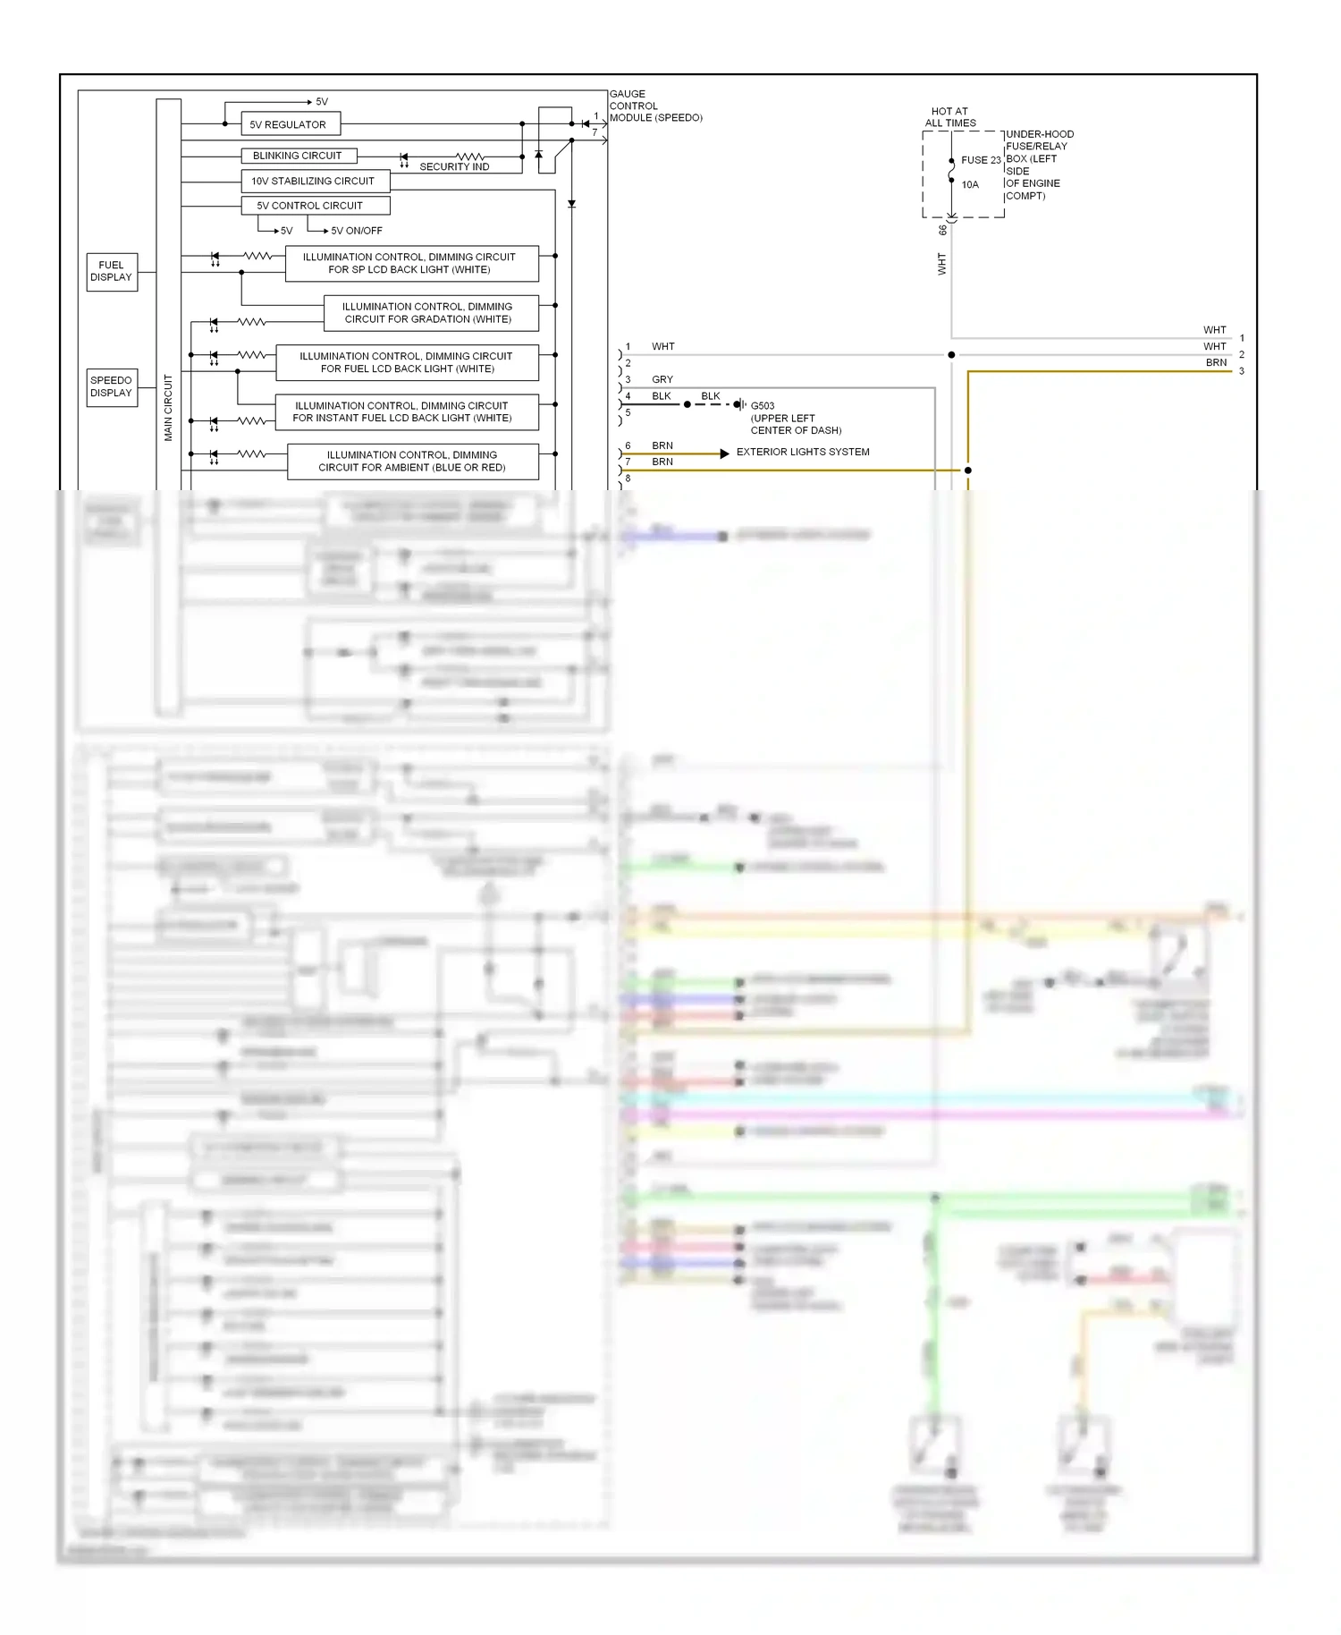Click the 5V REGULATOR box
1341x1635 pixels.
tap(290, 124)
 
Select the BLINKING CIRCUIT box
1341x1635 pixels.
tap(298, 156)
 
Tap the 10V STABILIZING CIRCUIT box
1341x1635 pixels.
tap(315, 181)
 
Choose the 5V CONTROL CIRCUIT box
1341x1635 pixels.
tap(315, 206)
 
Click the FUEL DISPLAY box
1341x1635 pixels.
tap(112, 271)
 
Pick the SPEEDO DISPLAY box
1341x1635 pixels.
tap(112, 386)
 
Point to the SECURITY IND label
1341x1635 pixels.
tap(454, 167)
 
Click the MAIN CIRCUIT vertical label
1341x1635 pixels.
tap(168, 407)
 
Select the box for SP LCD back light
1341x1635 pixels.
tap(411, 263)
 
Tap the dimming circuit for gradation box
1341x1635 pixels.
tap(430, 313)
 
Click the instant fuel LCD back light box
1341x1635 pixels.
tap(405, 411)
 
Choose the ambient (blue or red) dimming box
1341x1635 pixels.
tap(412, 462)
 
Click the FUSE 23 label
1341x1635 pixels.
tap(981, 161)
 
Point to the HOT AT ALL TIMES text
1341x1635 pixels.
tap(949, 117)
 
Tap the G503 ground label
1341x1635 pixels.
tap(763, 406)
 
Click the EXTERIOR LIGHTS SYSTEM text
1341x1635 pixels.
tap(802, 453)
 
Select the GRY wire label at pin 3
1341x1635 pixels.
tap(662, 380)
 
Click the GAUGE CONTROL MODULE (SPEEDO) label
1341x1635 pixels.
tap(654, 106)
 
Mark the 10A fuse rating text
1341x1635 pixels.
tap(970, 185)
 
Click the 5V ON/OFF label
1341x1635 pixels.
tap(356, 231)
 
